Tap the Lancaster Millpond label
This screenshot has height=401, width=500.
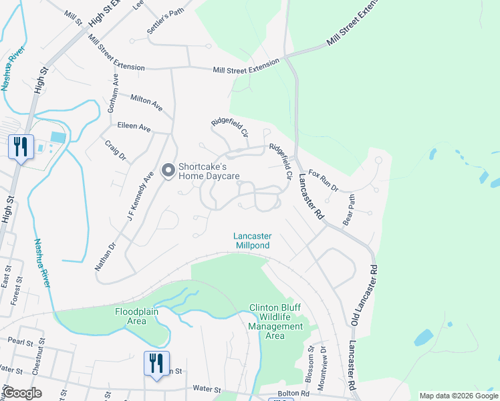[252, 241]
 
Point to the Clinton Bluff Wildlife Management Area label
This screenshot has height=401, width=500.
[276, 321]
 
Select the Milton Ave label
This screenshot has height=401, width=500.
[146, 102]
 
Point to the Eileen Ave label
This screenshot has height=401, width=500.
[133, 127]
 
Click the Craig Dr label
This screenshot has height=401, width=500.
[114, 150]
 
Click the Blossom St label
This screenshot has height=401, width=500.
[310, 360]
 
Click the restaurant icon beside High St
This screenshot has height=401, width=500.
[21, 146]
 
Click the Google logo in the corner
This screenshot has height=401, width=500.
[23, 393]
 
